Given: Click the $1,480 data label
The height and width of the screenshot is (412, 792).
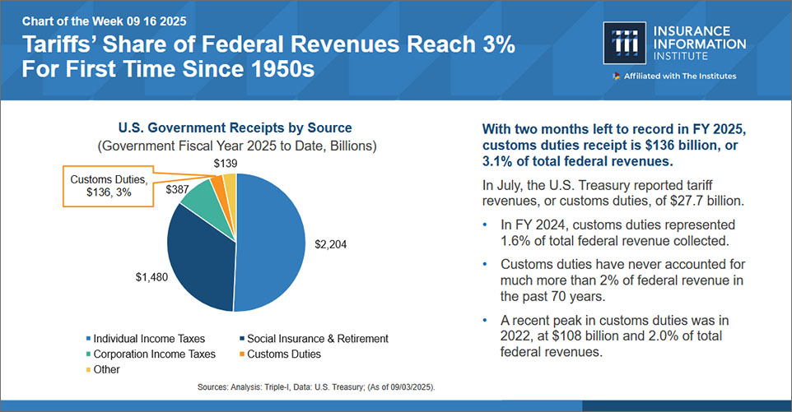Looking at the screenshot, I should click(x=151, y=277).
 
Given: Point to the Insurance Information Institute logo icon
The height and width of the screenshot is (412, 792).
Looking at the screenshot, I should click(x=625, y=43).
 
